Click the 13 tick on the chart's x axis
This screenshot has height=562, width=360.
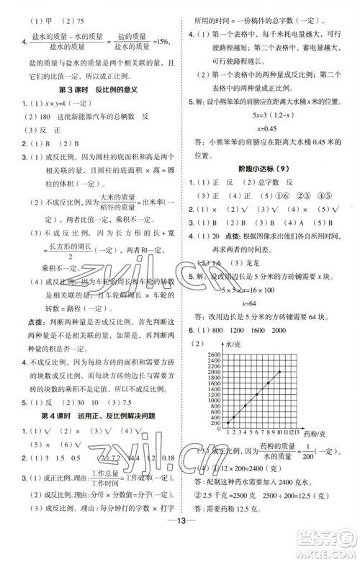click(317, 431)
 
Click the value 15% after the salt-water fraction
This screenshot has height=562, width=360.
click(163, 40)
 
